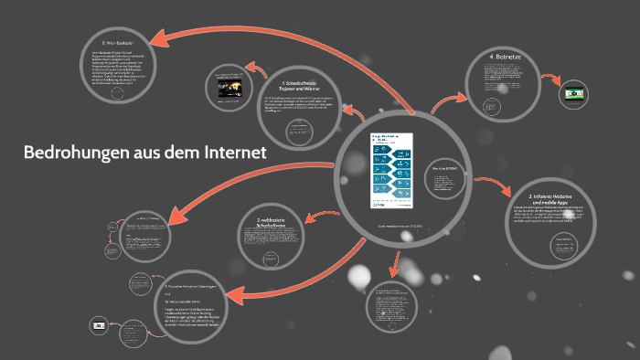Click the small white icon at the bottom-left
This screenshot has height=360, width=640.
click(x=98, y=323)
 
